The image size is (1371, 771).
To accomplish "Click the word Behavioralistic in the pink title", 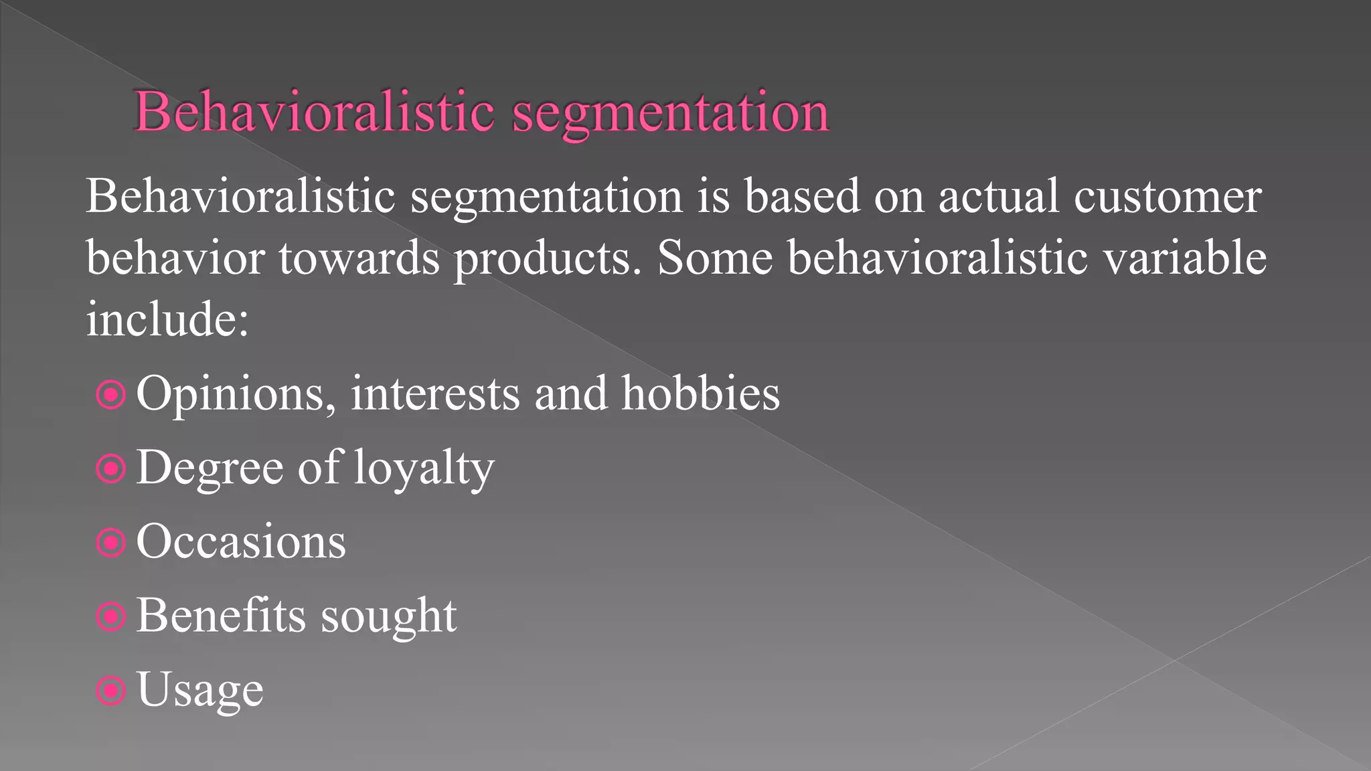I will (315, 111).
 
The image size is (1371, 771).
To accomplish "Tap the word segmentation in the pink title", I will (671, 114).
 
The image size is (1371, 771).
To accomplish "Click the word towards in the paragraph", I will (359, 258).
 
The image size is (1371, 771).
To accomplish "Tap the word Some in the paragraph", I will (715, 258).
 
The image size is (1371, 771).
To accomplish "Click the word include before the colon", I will (160, 319).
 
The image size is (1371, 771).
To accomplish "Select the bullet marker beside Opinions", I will (111, 395).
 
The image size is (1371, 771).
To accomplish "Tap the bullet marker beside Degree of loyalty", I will (111, 468).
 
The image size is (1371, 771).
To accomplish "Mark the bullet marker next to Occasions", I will (111, 543).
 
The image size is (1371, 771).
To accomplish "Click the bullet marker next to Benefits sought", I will (111, 616).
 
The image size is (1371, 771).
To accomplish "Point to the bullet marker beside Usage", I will (111, 690).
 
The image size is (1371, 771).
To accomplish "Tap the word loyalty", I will (424, 468).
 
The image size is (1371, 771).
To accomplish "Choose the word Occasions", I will (241, 541).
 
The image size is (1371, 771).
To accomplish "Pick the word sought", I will (389, 616).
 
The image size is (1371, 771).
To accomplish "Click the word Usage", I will (200, 691).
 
